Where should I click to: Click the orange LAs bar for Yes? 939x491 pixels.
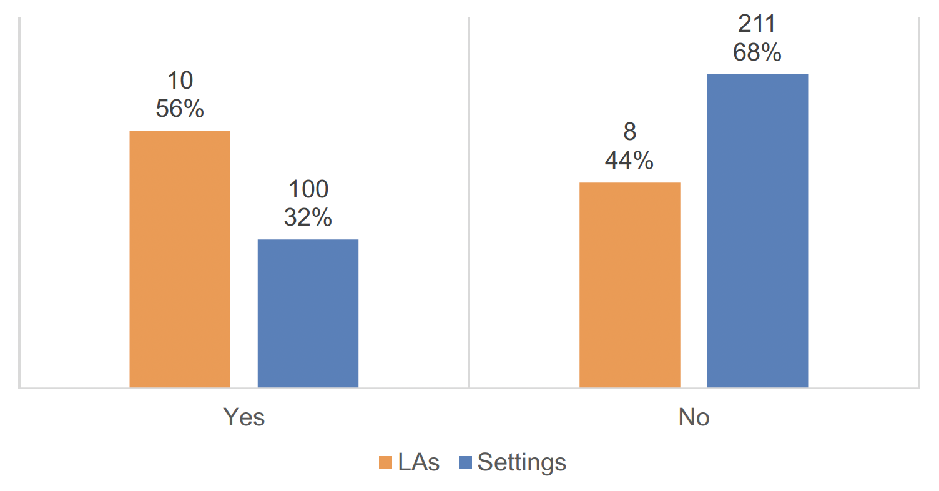[x=180, y=259]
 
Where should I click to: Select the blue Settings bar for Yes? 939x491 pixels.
[x=308, y=313]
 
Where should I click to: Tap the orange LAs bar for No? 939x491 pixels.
[x=629, y=285]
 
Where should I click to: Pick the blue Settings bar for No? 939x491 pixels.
[x=757, y=231]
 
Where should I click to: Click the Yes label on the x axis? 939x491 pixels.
[x=244, y=417]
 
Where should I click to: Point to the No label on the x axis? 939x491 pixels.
[x=694, y=417]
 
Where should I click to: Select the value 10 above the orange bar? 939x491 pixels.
[x=179, y=81]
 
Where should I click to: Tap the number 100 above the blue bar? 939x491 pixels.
[x=307, y=189]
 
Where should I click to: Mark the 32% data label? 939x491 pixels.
[x=307, y=217]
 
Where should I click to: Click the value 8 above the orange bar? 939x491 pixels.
[x=629, y=132]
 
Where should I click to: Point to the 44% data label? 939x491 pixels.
[x=629, y=161]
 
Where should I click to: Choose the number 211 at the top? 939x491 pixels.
[x=757, y=24]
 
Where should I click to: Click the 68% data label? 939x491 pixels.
[x=757, y=53]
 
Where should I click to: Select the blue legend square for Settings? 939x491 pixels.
[x=466, y=463]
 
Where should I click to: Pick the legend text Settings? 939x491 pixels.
[x=522, y=463]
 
